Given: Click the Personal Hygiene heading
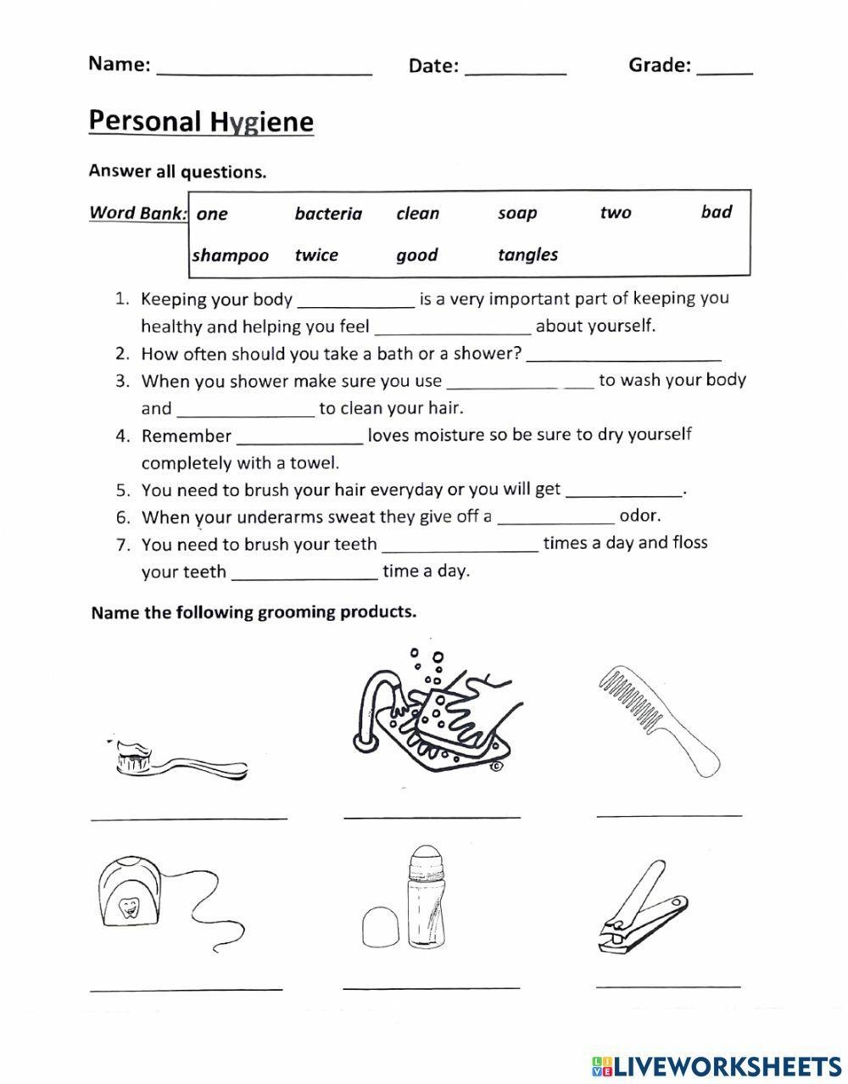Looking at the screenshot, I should [201, 121].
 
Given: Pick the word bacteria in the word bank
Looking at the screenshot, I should [328, 214].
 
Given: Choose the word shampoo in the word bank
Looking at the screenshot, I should [231, 255].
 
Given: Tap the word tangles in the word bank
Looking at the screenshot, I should [527, 254].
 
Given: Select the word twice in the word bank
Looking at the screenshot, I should [316, 255].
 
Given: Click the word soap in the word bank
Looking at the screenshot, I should [517, 213].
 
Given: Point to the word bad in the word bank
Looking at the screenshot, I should [716, 212].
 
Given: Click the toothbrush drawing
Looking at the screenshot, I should [181, 759].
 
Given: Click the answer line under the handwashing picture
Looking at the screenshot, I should [432, 816].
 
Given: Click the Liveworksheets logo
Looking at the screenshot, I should [717, 1065].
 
